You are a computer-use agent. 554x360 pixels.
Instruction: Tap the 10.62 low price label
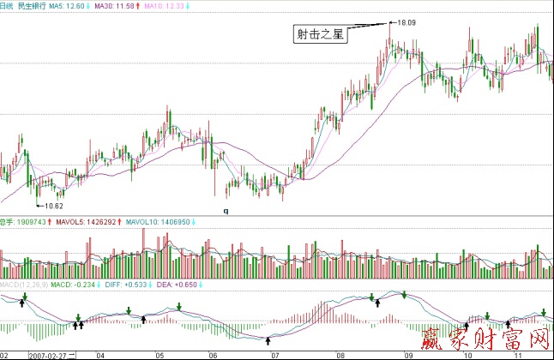click(x=54, y=206)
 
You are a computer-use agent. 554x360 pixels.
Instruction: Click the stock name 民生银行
click(x=32, y=6)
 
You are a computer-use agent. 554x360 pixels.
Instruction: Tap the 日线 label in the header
click(x=8, y=6)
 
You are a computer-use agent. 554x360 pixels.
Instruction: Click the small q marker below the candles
click(x=226, y=210)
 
